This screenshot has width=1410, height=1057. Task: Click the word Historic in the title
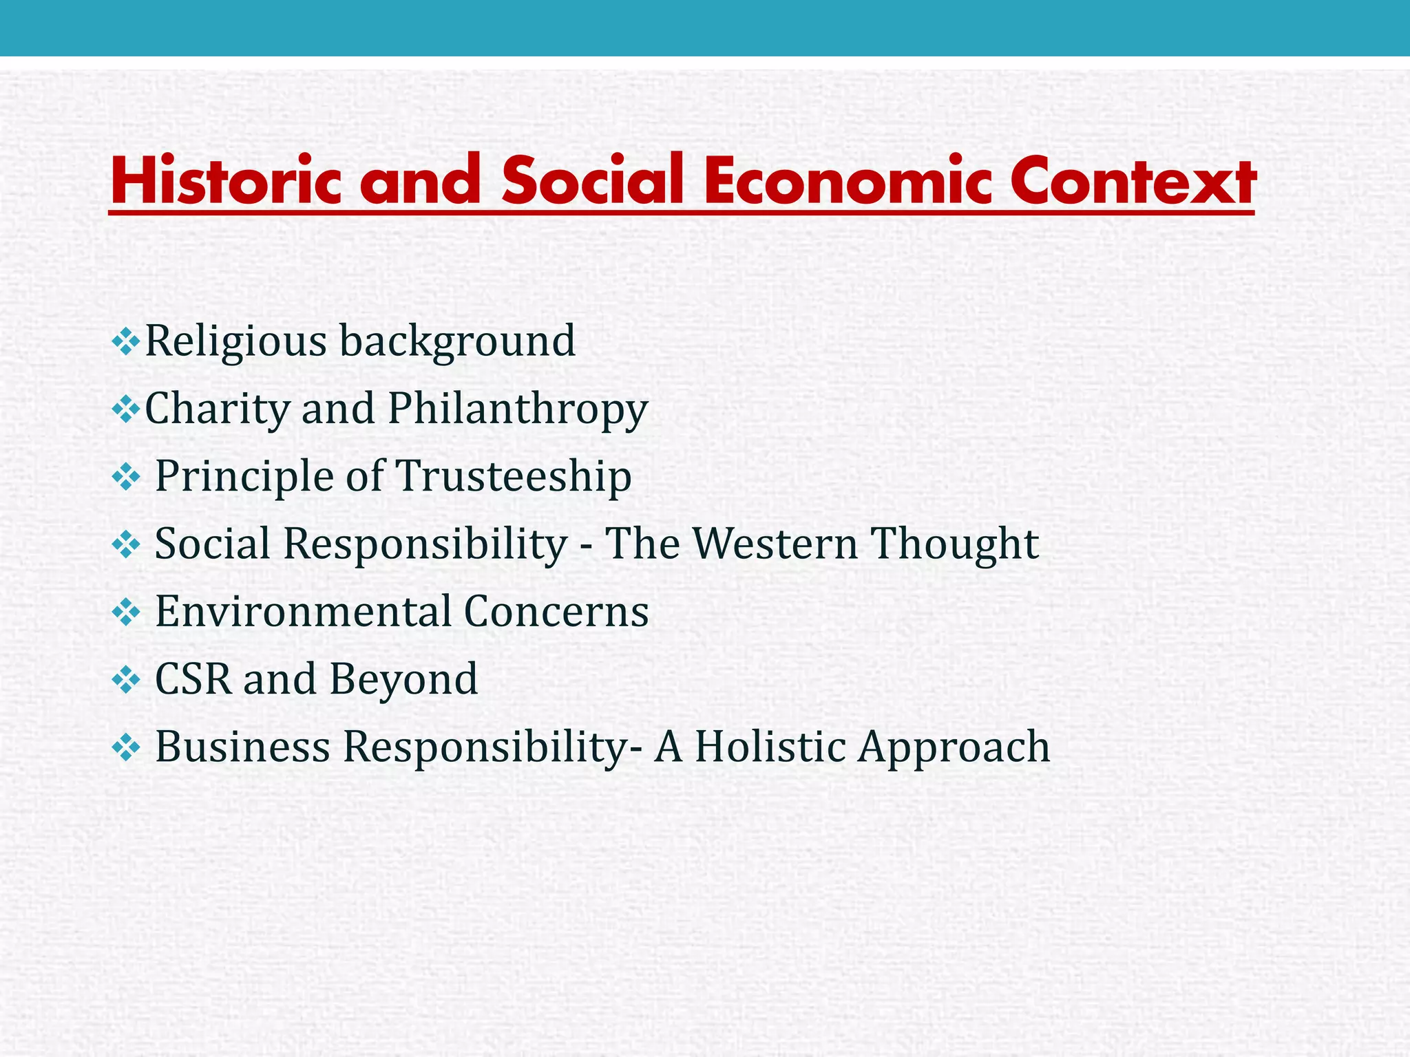226,180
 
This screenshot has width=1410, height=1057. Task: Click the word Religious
235,341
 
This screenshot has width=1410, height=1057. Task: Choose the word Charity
217,409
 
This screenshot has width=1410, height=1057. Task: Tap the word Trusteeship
513,476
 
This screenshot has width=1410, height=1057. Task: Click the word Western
775,544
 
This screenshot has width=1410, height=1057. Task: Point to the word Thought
955,544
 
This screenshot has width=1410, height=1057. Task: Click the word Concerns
556,611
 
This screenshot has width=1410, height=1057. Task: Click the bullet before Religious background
125,341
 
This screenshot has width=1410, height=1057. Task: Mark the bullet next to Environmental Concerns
125,611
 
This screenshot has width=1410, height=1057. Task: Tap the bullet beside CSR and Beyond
125,679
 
